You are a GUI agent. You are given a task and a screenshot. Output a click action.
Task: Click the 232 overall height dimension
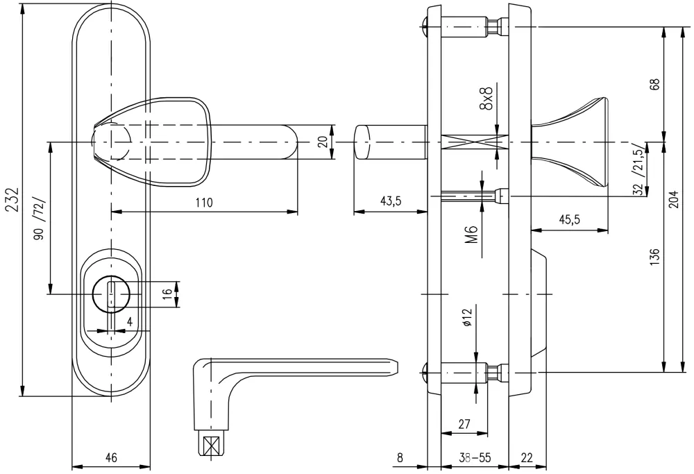(12, 200)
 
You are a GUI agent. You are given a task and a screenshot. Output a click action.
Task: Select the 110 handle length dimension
(204, 203)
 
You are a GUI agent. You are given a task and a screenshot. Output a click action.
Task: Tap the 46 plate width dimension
(112, 457)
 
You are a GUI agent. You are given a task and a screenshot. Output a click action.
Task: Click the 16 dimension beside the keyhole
(167, 293)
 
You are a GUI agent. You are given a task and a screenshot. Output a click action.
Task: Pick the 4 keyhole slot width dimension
(130, 322)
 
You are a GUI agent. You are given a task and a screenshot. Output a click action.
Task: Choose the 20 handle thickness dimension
(323, 142)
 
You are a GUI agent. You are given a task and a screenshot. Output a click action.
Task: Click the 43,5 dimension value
(390, 201)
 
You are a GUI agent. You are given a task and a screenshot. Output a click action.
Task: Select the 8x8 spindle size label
(486, 99)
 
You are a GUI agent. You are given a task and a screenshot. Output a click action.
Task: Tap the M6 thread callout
(472, 235)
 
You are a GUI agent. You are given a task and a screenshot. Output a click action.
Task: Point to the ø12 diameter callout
(467, 317)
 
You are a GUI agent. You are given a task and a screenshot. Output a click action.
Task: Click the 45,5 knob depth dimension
(570, 219)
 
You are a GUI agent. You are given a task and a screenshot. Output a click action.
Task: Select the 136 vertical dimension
(654, 257)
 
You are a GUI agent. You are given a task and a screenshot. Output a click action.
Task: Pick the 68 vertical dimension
(655, 84)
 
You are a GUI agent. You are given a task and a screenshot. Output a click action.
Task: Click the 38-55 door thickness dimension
(475, 457)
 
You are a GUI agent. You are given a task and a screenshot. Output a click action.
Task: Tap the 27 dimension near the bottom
(464, 424)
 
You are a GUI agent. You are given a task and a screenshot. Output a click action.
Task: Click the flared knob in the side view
(570, 142)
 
